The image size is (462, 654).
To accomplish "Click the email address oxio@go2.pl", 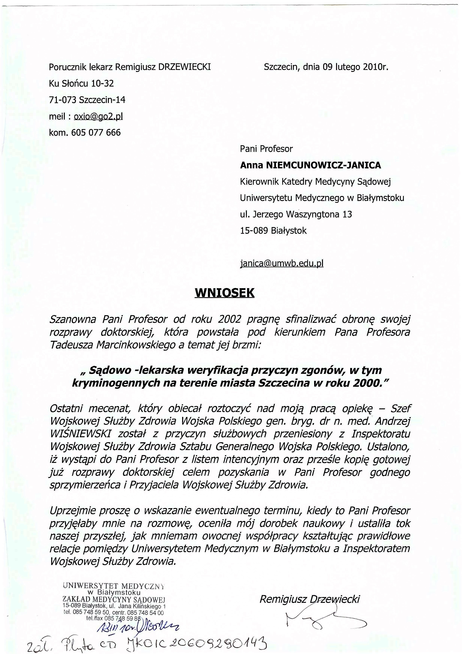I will coord(98,116).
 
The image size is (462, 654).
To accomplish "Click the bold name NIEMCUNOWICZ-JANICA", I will coord(323,165).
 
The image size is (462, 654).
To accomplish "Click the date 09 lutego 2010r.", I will coord(355,67).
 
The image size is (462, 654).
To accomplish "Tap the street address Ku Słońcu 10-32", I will coord(81,83).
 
